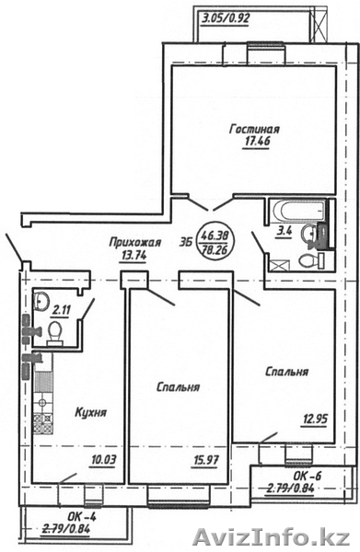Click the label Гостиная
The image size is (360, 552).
(254, 129)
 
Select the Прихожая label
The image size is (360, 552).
(134, 243)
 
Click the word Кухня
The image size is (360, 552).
(91, 412)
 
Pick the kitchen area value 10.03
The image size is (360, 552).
(102, 460)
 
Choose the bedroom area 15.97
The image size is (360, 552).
(205, 460)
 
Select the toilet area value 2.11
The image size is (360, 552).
(62, 311)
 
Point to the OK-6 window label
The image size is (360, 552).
(308, 476)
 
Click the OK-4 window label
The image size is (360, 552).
(81, 517)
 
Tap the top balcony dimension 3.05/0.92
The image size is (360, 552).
(226, 17)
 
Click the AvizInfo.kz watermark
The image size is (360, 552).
(272, 537)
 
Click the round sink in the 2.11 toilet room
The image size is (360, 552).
(41, 302)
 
